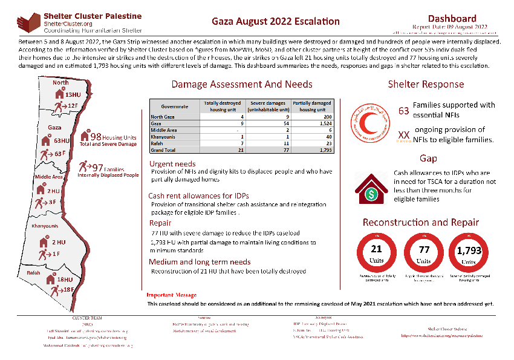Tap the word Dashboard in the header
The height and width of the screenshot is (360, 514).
[x=452, y=19]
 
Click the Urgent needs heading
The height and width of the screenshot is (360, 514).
[x=172, y=164]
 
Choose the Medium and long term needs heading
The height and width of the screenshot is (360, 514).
[x=199, y=262]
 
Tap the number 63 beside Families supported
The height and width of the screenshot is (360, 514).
[x=404, y=111]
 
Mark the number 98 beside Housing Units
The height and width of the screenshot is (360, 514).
[x=95, y=137]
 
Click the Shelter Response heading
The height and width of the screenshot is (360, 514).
[x=426, y=84]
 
